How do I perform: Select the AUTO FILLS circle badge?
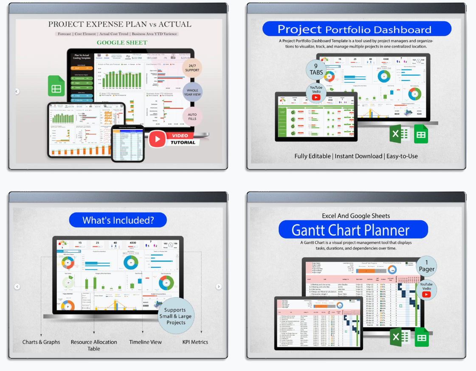point(192,115)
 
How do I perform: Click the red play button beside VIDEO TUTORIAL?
point(157,139)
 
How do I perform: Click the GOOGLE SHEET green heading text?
point(122,42)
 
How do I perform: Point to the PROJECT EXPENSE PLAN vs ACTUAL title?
point(119,24)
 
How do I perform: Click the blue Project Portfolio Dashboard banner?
point(356,29)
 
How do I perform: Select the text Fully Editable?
point(313,156)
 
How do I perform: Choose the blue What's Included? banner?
point(118,220)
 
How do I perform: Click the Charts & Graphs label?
point(41,342)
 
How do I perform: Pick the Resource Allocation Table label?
point(94,345)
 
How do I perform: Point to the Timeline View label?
point(145,342)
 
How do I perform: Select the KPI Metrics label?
point(195,342)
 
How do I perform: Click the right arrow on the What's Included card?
point(219,287)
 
